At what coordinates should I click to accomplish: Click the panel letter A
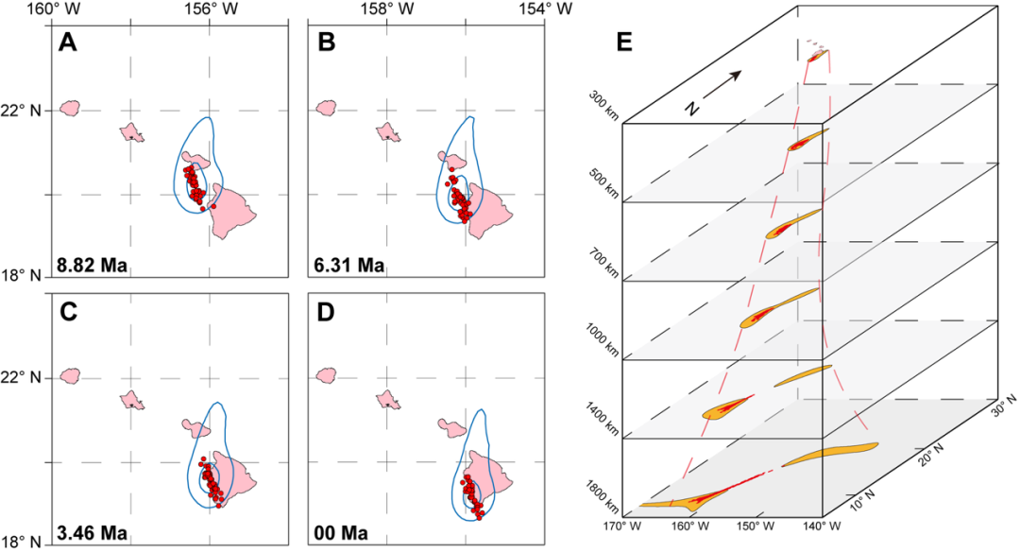coord(68,43)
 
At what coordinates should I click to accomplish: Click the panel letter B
coord(327,43)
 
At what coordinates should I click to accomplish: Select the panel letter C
coord(68,311)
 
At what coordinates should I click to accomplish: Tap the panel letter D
coord(327,311)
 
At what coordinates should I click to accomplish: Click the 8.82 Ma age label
coord(92,265)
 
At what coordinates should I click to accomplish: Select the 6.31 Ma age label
coord(350,265)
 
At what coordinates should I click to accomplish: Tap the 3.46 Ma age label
coord(92,533)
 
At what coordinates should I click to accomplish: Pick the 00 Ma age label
coord(342,533)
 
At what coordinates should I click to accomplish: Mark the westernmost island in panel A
coord(69,109)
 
